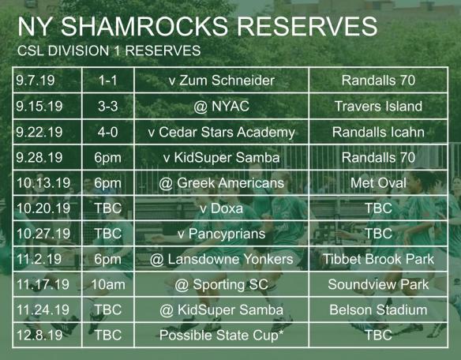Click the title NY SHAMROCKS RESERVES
tap(197, 25)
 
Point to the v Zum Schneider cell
tap(221, 81)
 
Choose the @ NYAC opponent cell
tap(221, 106)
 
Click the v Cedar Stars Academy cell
tap(221, 132)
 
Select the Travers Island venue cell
tap(378, 106)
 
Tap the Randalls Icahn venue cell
tap(378, 132)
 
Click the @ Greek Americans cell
tap(221, 183)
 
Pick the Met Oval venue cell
tap(378, 183)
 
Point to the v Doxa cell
tap(221, 208)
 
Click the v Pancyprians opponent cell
tap(221, 234)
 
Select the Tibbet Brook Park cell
tap(378, 259)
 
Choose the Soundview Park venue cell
tap(378, 284)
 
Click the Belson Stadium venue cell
tap(378, 309)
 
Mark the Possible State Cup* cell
tap(221, 335)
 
